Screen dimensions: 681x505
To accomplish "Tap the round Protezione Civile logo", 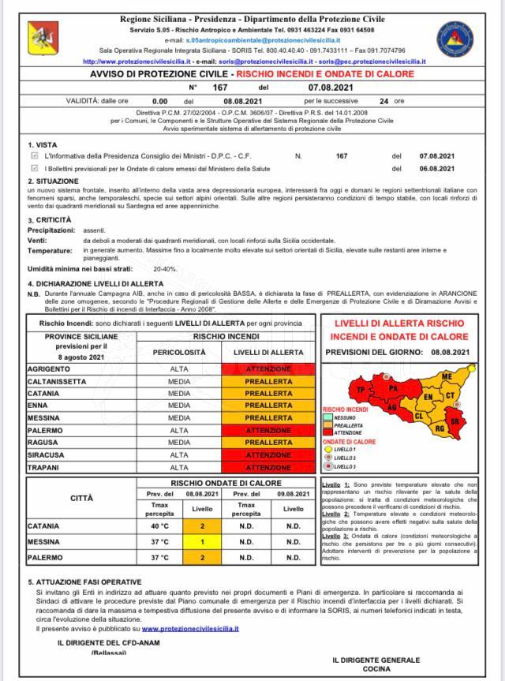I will (455, 39).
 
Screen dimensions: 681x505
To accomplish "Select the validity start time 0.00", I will (159, 101).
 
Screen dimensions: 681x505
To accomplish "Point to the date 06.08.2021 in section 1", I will (436, 168).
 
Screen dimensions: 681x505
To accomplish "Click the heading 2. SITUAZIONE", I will (53, 181).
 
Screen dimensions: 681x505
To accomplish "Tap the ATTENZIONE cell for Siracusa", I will (268, 455).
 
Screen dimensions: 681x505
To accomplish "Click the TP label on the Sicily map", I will (361, 390).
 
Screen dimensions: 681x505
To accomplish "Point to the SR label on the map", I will (454, 422).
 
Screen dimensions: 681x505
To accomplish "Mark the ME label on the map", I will (447, 377).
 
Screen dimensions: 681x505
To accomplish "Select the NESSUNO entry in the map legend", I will (345, 417).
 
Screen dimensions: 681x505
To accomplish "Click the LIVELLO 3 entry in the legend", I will (344, 467).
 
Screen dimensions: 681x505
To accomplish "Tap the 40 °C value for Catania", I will (159, 526).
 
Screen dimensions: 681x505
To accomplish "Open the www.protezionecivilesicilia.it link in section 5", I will (190, 629).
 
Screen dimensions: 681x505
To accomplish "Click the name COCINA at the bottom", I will (376, 668).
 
